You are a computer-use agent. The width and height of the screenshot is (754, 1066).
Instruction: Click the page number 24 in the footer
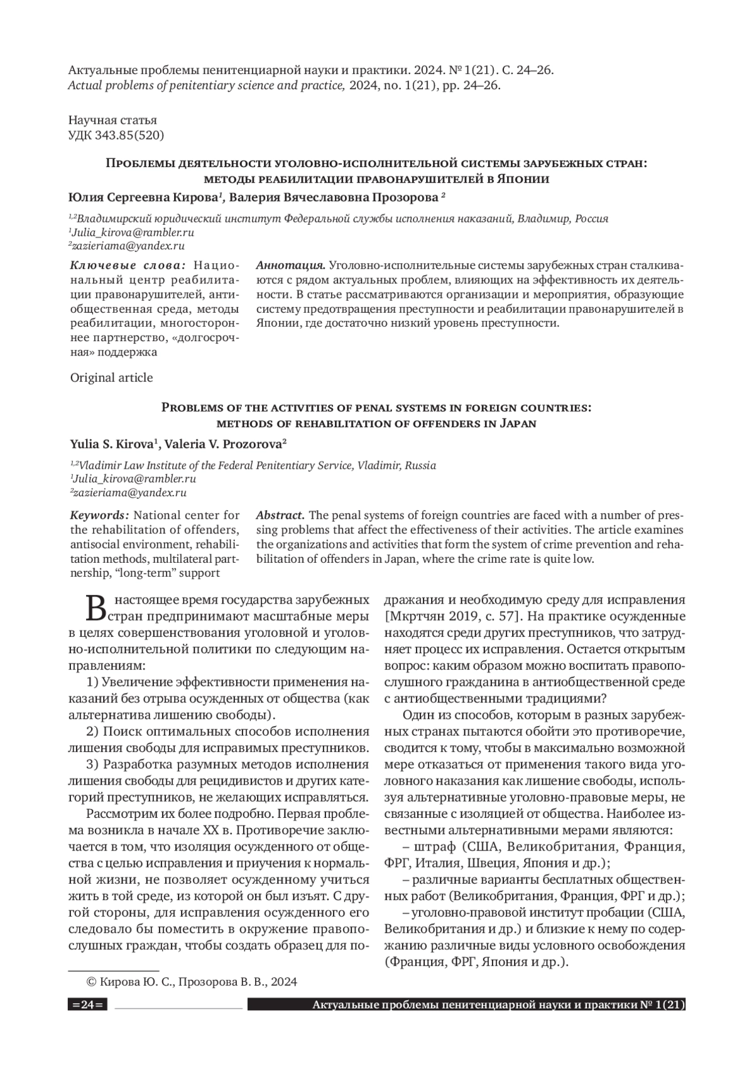coord(87,1005)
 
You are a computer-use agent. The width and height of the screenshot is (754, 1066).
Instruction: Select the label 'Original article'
coord(111,378)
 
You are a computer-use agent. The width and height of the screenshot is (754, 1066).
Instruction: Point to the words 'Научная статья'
coord(112,120)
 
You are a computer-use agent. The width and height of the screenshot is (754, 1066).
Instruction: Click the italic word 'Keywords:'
coord(100,515)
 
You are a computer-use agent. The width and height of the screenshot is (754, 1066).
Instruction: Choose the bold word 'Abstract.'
coord(280,515)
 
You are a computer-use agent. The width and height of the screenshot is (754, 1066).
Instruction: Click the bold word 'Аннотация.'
coord(290,265)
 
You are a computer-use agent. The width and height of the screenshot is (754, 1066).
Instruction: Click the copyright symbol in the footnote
coord(91,982)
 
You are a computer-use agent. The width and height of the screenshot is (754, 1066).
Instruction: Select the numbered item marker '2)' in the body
coord(92,731)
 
